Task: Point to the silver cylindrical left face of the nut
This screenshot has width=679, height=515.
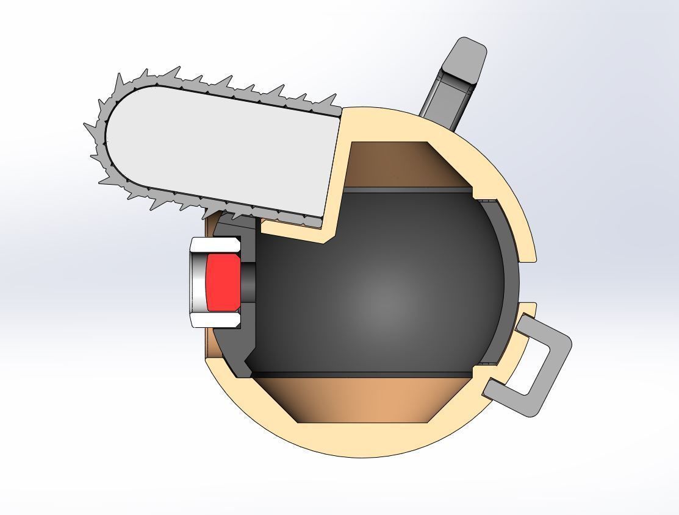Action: (197, 282)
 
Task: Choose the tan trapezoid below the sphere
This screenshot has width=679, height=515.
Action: (366, 399)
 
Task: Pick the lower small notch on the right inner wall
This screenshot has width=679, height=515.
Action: (485, 364)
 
